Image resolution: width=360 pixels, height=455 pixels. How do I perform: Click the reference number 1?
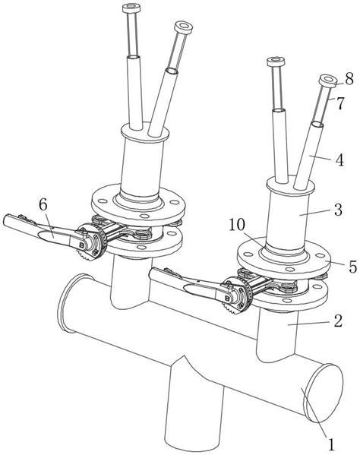(x=331, y=444)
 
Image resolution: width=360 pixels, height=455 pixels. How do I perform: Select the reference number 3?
(x=338, y=210)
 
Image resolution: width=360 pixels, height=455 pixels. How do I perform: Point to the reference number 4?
(x=339, y=160)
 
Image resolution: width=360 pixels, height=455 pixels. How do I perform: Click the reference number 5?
(x=352, y=267)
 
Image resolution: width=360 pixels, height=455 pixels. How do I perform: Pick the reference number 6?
(x=43, y=205)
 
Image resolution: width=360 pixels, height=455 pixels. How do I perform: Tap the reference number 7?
(x=340, y=103)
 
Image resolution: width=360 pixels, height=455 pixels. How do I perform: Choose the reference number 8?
(x=349, y=78)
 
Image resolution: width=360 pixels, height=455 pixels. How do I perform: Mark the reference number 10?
(x=237, y=225)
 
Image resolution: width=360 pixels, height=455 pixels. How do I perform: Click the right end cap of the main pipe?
(x=323, y=393)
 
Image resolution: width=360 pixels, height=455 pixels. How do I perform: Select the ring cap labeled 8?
(x=328, y=80)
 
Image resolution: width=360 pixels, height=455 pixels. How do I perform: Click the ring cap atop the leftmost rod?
(x=131, y=8)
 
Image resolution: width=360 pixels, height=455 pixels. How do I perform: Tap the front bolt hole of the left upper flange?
(x=144, y=216)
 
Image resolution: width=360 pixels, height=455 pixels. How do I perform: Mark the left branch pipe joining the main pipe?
(x=130, y=282)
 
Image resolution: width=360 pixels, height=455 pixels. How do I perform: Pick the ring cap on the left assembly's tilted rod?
(x=184, y=27)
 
